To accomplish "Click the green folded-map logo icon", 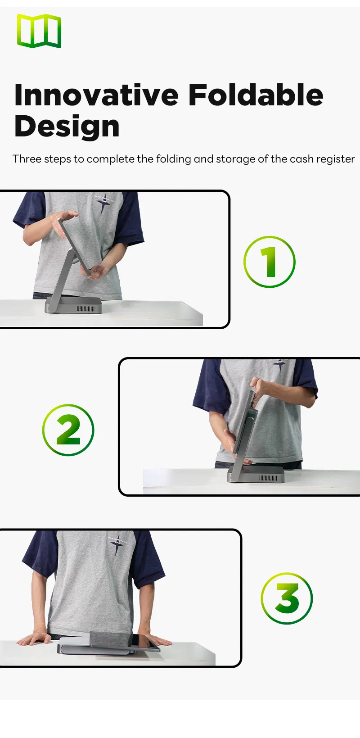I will tap(39, 31).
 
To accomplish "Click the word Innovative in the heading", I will tap(96, 95).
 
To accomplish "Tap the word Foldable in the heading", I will tap(255, 95).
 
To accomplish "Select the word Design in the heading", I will tap(67, 127).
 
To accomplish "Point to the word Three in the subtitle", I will tap(27, 159).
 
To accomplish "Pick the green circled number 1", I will tap(269, 262).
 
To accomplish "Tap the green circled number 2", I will tap(68, 430).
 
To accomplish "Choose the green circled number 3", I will tap(287, 598).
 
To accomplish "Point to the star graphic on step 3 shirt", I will tap(117, 545).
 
